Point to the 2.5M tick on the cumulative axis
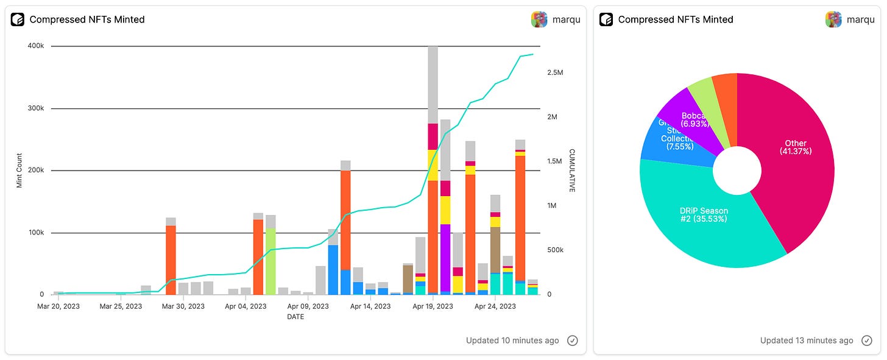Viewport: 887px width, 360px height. pyautogui.click(x=555, y=72)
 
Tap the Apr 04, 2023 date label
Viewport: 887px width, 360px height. pyautogui.click(x=246, y=306)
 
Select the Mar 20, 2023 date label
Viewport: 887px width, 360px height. pyautogui.click(x=58, y=306)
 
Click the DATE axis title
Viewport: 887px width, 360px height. pyautogui.click(x=295, y=317)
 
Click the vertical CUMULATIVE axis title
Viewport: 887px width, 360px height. pyautogui.click(x=571, y=171)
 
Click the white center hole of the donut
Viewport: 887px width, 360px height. pyautogui.click(x=737, y=170)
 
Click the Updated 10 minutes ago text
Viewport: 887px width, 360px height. pyautogui.click(x=512, y=341)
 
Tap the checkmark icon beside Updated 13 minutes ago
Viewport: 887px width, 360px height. pyautogui.click(x=867, y=341)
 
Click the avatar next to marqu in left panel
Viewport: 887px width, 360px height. pyautogui.click(x=539, y=19)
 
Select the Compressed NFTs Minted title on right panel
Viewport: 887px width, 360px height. pyautogui.click(x=675, y=19)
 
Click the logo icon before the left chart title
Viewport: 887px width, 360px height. pyautogui.click(x=17, y=19)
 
